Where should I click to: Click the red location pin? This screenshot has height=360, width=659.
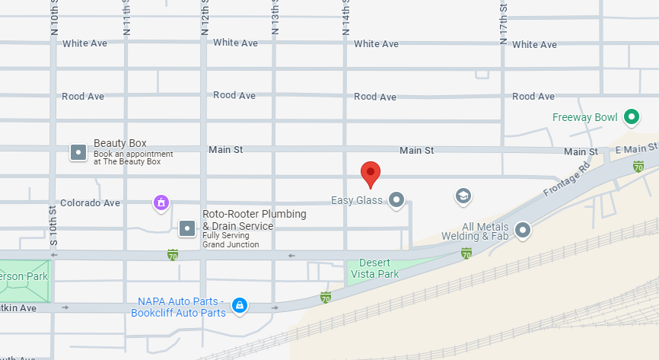tap(370, 174)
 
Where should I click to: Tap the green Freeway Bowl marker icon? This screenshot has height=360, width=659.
tap(631, 117)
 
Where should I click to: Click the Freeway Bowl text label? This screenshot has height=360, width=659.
tap(584, 117)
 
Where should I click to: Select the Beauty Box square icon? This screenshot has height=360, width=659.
tap(78, 152)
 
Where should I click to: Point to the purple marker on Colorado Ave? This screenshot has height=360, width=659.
tap(161, 202)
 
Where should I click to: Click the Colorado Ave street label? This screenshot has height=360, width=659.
tap(91, 203)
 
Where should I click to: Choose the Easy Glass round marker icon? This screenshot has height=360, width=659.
tap(396, 200)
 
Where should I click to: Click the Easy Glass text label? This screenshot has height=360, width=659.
tap(356, 201)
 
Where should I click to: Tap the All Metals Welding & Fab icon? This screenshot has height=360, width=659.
tap(523, 229)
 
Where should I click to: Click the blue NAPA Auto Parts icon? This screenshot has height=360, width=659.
tap(240, 306)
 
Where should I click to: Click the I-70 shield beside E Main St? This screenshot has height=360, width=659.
tap(638, 167)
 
